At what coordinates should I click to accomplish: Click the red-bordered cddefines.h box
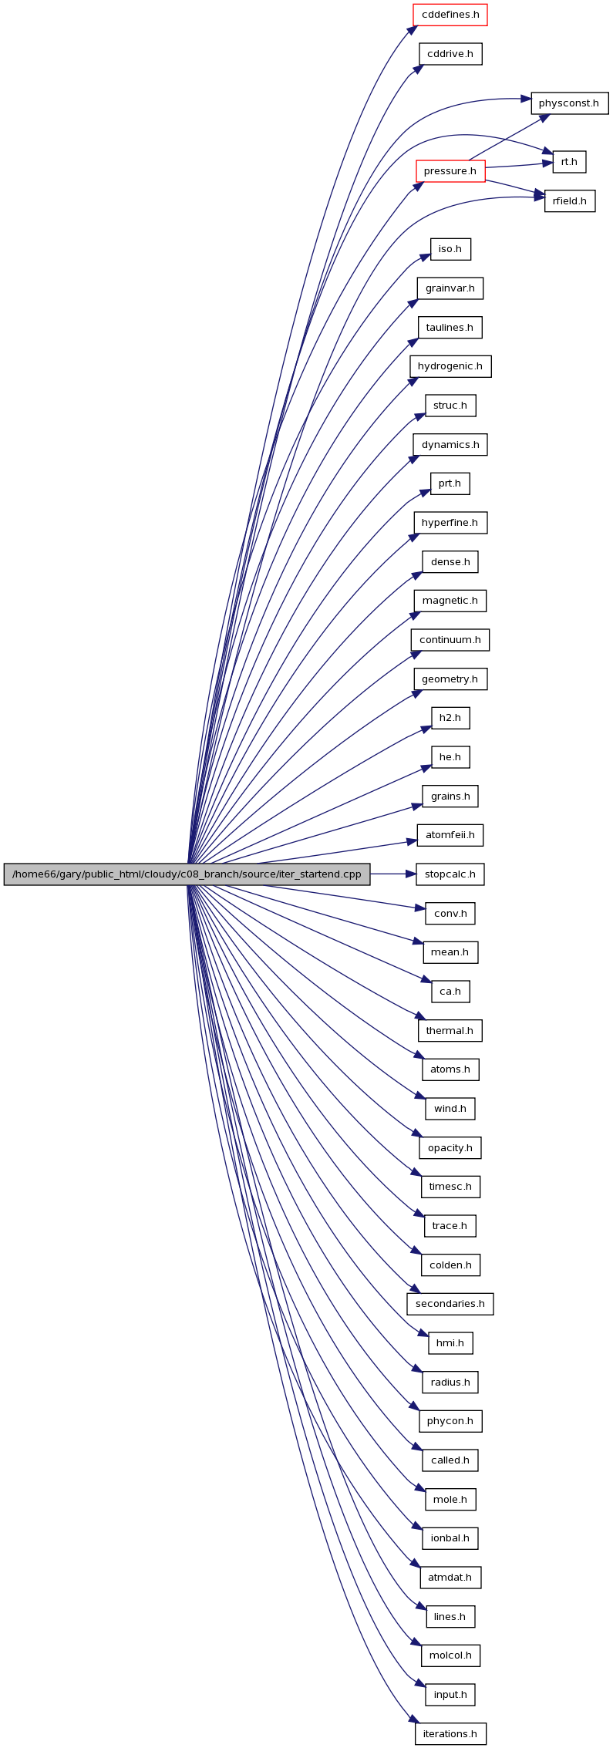[450, 15]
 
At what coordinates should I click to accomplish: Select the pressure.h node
[450, 171]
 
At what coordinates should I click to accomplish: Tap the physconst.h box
[569, 103]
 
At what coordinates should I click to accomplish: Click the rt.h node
[569, 162]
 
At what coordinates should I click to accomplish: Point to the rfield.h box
[570, 201]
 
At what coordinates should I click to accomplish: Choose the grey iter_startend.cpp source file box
[187, 874]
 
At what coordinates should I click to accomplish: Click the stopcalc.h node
[450, 874]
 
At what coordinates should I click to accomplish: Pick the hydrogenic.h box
[450, 366]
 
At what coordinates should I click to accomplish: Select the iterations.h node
[450, 1734]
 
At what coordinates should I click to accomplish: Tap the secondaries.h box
[450, 1304]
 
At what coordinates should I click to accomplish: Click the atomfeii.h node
[450, 835]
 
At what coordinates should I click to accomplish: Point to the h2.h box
[450, 718]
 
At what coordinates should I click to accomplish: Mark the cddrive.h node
[450, 54]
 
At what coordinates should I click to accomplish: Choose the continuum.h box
[450, 640]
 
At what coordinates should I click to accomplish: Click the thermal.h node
[450, 1031]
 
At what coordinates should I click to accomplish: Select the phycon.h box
[450, 1421]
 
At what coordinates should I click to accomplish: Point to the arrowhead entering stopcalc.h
[411, 874]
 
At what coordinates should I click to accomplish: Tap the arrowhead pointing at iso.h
[425, 256]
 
